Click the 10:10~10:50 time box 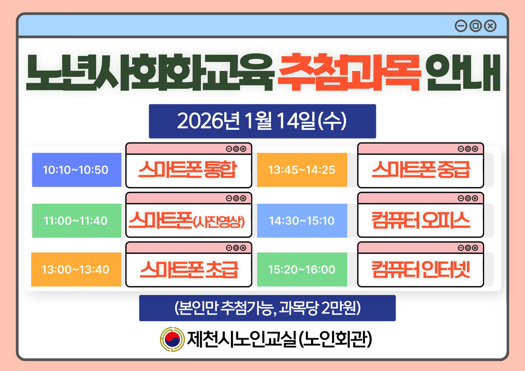pyautogui.click(x=77, y=170)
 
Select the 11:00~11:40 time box pyautogui.click(x=77, y=221)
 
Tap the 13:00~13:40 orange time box pyautogui.click(x=76, y=270)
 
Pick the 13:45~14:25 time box pyautogui.click(x=302, y=170)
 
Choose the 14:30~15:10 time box pyautogui.click(x=302, y=221)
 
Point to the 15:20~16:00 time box pyautogui.click(x=302, y=270)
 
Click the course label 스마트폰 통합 pyautogui.click(x=188, y=170)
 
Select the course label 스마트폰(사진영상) pyautogui.click(x=187, y=220)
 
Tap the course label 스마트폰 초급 pyautogui.click(x=189, y=270)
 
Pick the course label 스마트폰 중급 pyautogui.click(x=421, y=170)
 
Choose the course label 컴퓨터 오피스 pyautogui.click(x=421, y=220)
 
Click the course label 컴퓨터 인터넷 pyautogui.click(x=421, y=270)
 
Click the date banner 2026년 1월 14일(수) pyautogui.click(x=262, y=121)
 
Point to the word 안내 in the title pyautogui.click(x=463, y=73)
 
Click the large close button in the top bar pyautogui.click(x=490, y=26)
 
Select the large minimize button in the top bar pyautogui.click(x=461, y=26)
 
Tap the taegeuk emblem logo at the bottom pyautogui.click(x=172, y=340)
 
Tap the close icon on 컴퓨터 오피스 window pyautogui.click(x=475, y=198)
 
